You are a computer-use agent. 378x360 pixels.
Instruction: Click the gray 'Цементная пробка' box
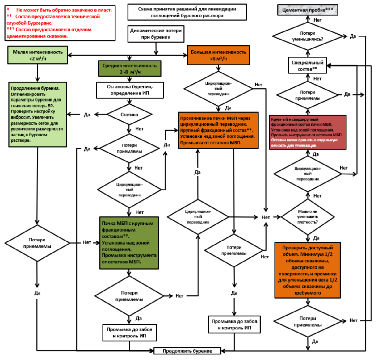[308, 10]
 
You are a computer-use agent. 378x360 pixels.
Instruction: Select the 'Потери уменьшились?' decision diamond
[308, 36]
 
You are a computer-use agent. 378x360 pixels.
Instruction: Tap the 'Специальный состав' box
[308, 65]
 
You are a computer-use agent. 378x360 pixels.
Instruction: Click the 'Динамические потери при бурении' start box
[156, 34]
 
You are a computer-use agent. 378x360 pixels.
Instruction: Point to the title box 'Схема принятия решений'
[187, 12]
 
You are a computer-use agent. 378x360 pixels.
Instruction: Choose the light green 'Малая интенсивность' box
[37, 55]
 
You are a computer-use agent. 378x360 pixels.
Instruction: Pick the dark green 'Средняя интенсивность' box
[129, 69]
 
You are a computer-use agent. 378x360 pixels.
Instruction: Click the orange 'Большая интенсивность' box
[218, 55]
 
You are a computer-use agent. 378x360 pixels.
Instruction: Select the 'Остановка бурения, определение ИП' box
[130, 90]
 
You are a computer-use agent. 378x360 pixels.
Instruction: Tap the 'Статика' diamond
[129, 115]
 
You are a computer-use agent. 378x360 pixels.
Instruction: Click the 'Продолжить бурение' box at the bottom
[187, 351]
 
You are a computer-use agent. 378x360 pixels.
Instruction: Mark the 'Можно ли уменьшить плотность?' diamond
[308, 217]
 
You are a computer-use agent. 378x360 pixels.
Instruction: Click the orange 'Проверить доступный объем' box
[308, 270]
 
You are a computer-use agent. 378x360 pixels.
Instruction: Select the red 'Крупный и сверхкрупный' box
[308, 132]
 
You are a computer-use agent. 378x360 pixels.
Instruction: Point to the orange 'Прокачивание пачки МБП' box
[218, 130]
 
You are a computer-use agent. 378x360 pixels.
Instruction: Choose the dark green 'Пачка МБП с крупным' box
[129, 243]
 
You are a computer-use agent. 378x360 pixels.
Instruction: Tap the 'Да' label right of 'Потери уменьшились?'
[353, 36]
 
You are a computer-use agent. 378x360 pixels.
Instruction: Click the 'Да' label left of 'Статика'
[87, 115]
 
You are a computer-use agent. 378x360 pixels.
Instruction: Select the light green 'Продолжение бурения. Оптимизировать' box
[37, 114]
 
